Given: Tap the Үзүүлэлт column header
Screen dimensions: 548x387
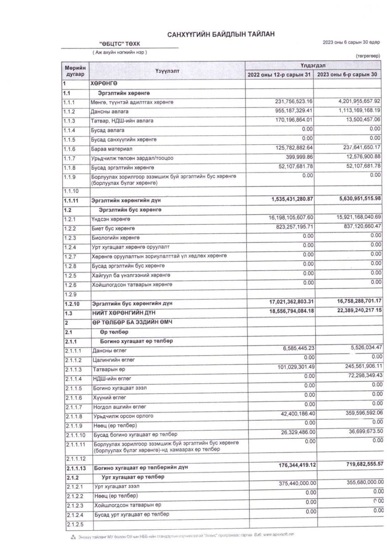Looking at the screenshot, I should [x=167, y=71].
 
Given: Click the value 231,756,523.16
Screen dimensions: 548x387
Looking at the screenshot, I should [x=287, y=101].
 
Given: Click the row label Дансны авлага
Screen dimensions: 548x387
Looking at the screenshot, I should [x=110, y=111].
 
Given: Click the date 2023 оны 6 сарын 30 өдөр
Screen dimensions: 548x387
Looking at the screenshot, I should [x=351, y=42].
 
